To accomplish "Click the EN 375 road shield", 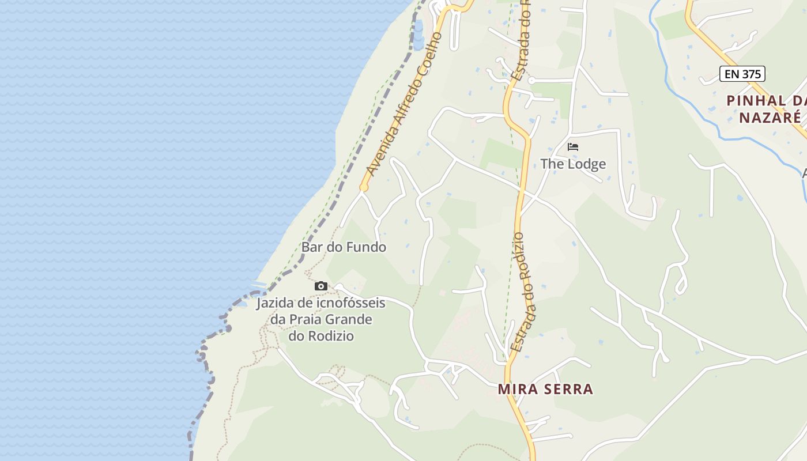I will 742,74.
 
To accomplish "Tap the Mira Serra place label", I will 545,389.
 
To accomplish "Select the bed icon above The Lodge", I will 573,147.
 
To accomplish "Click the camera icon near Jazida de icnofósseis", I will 321,286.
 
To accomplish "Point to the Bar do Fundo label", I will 344,247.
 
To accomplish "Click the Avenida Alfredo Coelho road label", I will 404,104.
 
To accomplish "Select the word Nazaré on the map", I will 770,118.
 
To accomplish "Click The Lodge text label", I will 573,164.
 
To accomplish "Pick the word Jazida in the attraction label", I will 274,303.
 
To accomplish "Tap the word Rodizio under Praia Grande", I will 330,335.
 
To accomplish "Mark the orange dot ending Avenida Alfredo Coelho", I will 364,187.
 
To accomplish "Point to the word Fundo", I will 367,247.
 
